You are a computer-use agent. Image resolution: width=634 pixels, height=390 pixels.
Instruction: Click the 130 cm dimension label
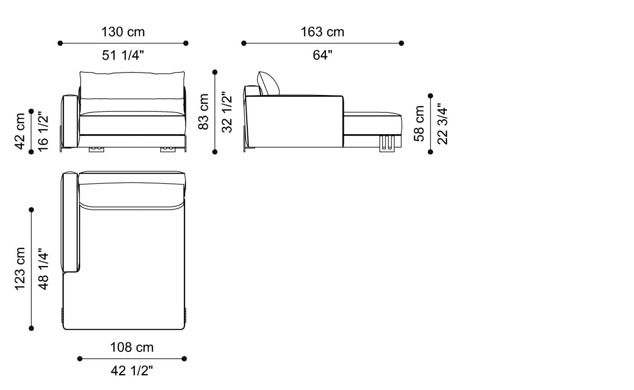pos(123,32)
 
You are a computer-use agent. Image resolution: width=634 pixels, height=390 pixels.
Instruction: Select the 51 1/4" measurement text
pos(123,55)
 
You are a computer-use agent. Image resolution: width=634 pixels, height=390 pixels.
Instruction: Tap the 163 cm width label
pos(322,32)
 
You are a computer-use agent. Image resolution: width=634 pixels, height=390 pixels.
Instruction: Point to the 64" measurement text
pos(322,55)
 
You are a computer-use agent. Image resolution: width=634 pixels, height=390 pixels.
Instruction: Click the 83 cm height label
pos(204,112)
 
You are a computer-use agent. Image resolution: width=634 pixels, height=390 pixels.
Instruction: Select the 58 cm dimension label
pos(420,124)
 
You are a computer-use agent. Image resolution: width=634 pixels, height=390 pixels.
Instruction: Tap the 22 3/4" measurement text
pos(442,124)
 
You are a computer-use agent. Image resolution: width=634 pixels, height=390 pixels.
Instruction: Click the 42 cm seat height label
pos(20,132)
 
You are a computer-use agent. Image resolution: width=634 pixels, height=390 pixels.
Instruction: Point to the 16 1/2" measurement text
pos(43,132)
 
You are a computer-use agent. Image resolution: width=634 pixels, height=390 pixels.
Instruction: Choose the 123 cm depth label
pos(20,269)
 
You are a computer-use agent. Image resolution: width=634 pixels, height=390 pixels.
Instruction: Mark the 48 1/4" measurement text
pos(43,269)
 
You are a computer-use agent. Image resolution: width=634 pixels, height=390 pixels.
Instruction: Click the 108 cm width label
pos(132,347)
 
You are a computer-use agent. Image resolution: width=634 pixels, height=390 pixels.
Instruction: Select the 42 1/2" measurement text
pos(132,371)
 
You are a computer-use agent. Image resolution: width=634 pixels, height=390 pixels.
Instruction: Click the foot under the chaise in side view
pos(388,142)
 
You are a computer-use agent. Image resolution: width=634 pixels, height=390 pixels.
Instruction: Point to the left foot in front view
pos(96,149)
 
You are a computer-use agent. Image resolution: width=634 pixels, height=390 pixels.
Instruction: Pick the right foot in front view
pos(168,149)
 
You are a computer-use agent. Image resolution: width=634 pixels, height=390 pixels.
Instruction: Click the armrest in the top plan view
pos(70,222)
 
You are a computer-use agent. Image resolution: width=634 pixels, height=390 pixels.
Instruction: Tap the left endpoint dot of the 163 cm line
pos(244,43)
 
